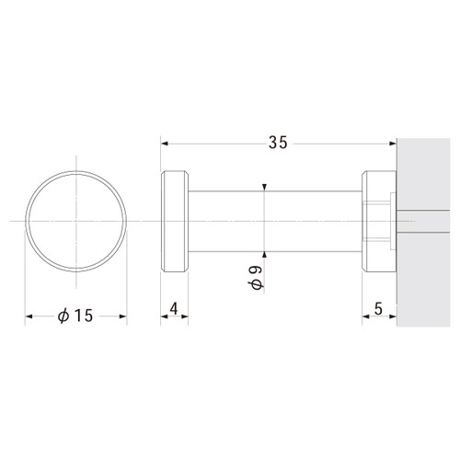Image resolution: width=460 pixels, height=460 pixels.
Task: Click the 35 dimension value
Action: (x=278, y=143)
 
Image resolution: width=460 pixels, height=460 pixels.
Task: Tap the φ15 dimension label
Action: (x=75, y=316)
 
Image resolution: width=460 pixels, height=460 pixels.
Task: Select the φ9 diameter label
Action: (x=256, y=278)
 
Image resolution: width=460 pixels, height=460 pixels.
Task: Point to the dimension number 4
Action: (x=174, y=309)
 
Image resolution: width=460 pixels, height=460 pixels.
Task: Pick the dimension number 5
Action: (x=378, y=309)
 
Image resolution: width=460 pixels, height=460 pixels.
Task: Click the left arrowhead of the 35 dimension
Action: (x=165, y=144)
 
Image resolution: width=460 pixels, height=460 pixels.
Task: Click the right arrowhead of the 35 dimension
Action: (x=393, y=144)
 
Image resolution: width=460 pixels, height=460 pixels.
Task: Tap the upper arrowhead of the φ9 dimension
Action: (x=265, y=187)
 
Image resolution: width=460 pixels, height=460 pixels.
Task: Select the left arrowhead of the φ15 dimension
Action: (x=29, y=316)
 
